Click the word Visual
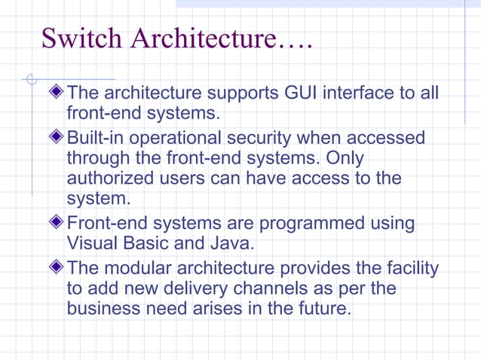92,243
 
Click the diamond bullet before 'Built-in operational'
58,139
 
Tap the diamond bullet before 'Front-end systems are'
58,224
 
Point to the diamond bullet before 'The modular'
58,268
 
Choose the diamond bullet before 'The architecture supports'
58,94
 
